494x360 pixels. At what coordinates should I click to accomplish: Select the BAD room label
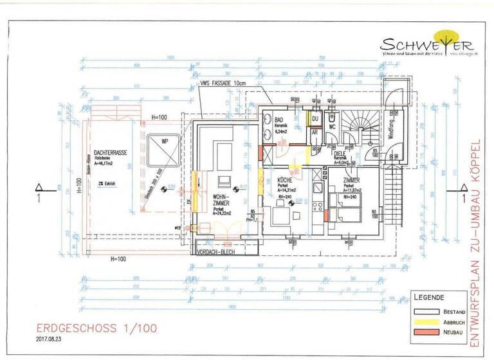[x=279, y=120]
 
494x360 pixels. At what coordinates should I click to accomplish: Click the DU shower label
[x=315, y=119]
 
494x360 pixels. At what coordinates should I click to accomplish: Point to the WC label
[x=332, y=127]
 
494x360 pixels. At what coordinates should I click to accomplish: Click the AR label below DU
[x=315, y=132]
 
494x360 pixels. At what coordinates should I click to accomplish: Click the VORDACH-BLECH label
[x=219, y=252]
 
